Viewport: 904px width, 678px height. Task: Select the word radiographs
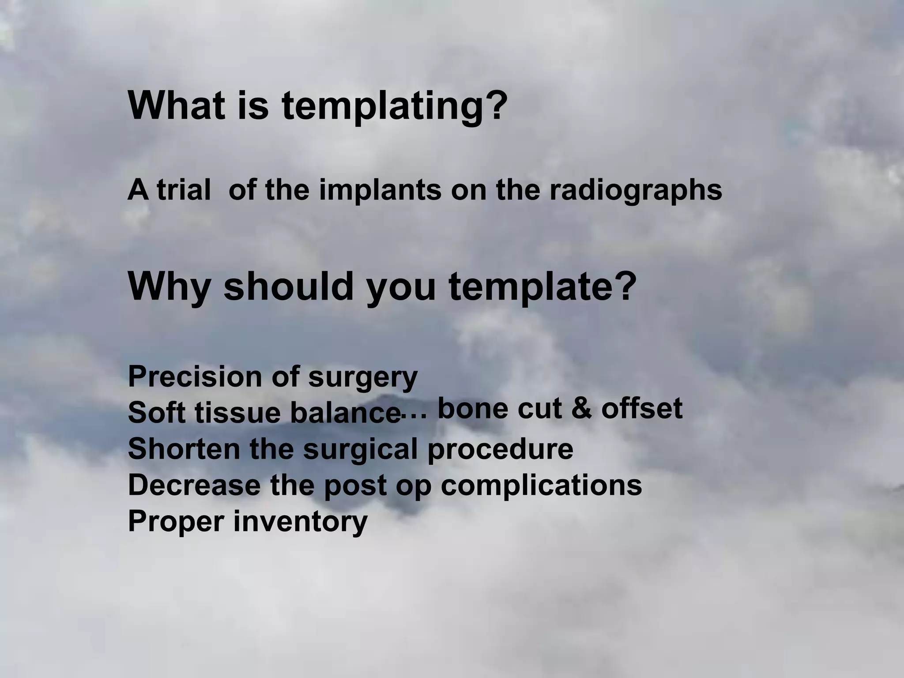click(636, 191)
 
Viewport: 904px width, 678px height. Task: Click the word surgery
click(362, 378)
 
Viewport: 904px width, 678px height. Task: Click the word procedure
click(500, 449)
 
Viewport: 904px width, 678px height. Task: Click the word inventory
click(300, 522)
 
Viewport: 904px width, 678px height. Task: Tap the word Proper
click(176, 522)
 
